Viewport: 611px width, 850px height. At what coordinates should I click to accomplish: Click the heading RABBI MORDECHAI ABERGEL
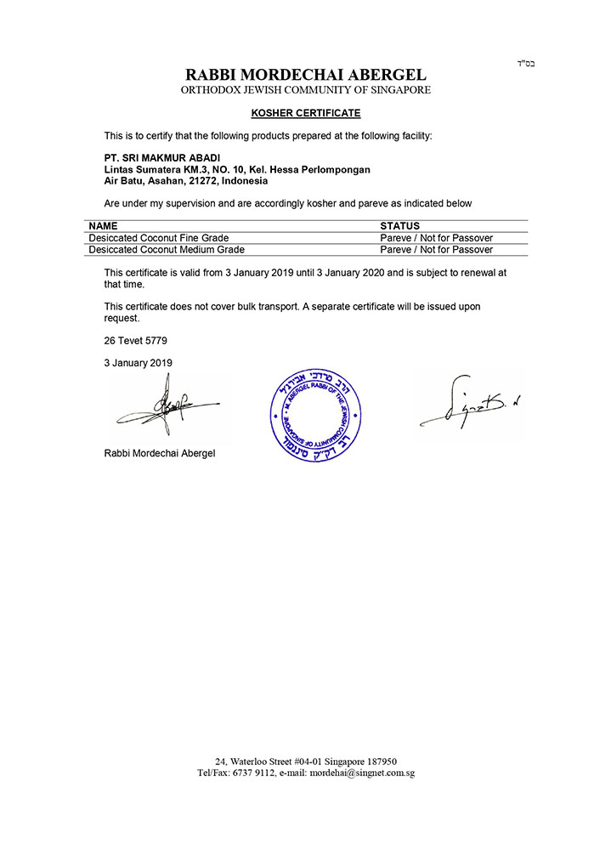[x=305, y=75]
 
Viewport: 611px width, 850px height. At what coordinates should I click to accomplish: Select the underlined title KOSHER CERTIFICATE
[x=306, y=113]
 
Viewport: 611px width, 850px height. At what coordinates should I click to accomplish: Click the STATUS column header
[x=399, y=227]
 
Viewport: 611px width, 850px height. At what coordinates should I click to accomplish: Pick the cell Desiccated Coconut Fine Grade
[x=158, y=238]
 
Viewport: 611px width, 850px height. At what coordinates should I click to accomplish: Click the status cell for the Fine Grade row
[x=436, y=238]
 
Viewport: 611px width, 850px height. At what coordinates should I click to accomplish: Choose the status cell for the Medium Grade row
[x=436, y=250]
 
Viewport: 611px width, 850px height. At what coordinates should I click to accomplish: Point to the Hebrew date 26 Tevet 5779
[x=136, y=340]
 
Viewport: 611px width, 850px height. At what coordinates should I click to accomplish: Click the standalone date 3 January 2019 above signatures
[x=139, y=362]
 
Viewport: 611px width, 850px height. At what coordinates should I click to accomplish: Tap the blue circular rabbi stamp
[x=315, y=416]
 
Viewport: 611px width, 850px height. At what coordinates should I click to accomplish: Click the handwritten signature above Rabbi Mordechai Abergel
[x=166, y=410]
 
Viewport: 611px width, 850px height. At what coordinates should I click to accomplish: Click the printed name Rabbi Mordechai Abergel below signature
[x=160, y=453]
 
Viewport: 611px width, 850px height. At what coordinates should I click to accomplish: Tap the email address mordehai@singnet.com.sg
[x=362, y=773]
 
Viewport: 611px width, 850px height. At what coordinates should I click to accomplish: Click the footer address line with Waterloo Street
[x=306, y=762]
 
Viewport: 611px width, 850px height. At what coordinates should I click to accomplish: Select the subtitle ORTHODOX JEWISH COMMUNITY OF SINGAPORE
[x=305, y=90]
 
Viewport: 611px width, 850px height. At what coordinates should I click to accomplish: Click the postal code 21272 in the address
[x=204, y=180]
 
